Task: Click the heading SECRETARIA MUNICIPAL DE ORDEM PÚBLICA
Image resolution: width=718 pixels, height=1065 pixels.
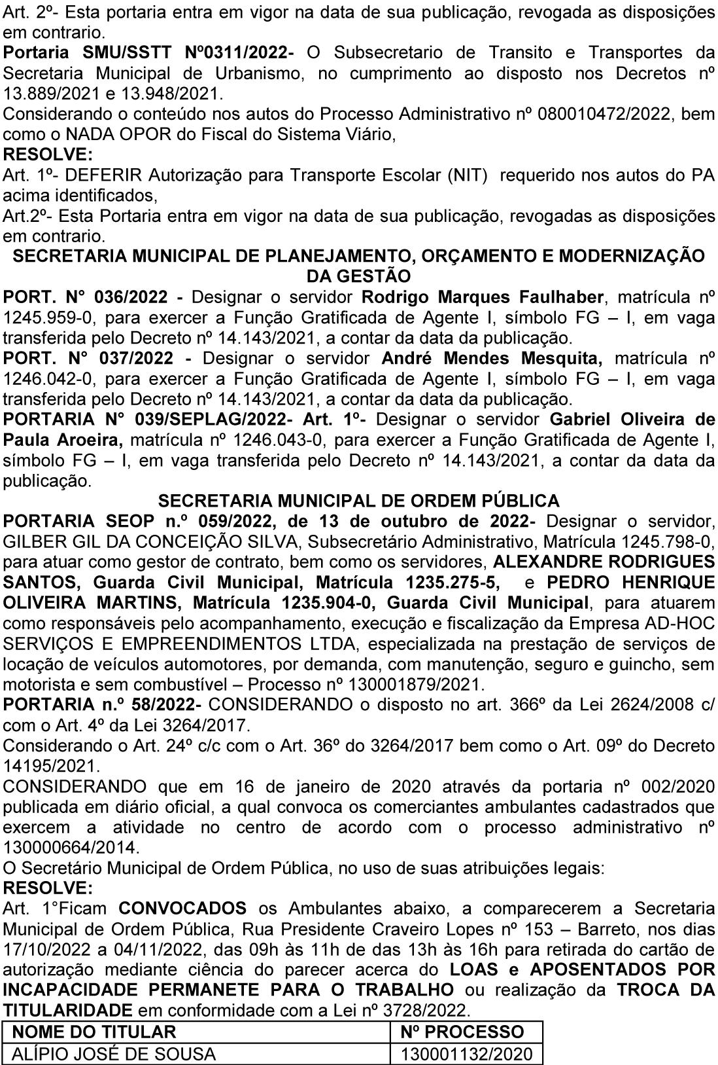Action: (359, 501)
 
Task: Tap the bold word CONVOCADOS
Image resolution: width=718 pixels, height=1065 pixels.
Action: (182, 909)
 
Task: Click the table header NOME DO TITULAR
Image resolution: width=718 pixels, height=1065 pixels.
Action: (95, 1032)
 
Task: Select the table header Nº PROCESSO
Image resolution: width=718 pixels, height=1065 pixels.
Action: (462, 1032)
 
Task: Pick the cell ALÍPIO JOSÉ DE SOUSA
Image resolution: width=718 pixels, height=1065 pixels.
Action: (114, 1053)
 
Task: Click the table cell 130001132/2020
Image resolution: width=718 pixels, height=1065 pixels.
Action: (467, 1053)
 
